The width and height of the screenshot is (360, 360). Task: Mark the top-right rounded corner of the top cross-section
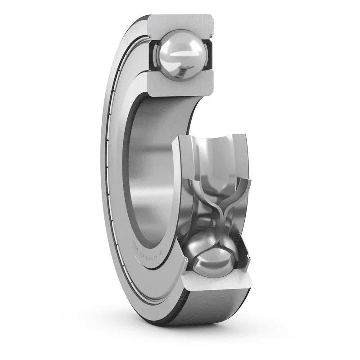coord(211,18)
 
